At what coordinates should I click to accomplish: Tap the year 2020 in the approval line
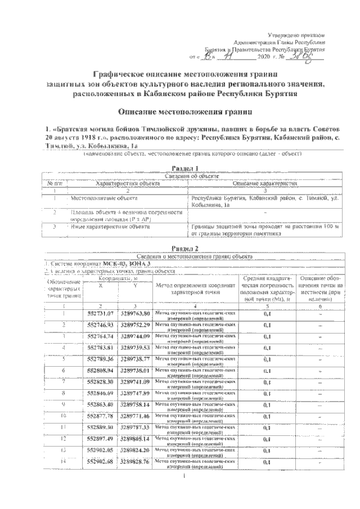[264, 57]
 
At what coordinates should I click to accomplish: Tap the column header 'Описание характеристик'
[264, 183]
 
